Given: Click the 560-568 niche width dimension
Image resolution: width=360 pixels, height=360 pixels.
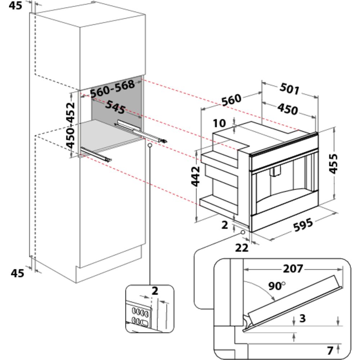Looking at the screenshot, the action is coord(112,89).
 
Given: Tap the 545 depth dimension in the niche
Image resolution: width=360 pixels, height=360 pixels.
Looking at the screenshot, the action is coord(116,107).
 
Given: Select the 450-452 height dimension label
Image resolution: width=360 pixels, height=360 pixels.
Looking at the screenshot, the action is coord(71,125).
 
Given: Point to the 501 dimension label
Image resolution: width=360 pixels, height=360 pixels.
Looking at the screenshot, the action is coord(290,89).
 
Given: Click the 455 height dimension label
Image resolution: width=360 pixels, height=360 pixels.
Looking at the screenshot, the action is coord(333,164).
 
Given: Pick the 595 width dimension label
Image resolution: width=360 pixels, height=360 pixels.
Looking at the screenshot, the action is coord(303,225).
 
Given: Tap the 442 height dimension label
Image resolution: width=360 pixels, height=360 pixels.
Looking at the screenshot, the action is coord(195,176).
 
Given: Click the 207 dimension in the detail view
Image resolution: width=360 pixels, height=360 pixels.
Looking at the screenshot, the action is coord(293,269).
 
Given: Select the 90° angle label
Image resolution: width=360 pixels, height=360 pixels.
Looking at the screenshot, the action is coord(276,286).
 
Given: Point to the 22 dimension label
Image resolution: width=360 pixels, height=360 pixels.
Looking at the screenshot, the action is coord(242,248).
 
